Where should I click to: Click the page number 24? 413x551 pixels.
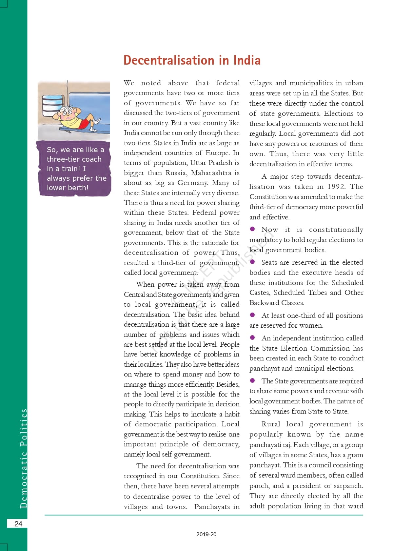18,524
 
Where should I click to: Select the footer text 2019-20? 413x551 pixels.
206,534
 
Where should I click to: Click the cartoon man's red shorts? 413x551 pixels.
85,124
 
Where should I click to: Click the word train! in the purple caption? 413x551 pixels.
68,169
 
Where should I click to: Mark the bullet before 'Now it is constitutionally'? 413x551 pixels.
252,229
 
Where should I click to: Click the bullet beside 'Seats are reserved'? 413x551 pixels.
252,262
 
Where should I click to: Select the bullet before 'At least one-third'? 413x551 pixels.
252,315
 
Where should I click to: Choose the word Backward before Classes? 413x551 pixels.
264,303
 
